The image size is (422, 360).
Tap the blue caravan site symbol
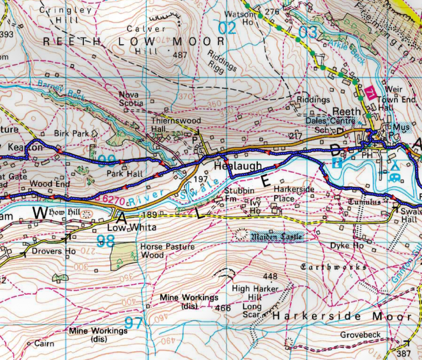[395, 176]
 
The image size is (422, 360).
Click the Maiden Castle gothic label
[275, 237]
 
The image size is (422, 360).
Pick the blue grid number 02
[227, 28]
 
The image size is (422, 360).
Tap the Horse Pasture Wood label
[160, 251]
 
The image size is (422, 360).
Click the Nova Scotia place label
[131, 99]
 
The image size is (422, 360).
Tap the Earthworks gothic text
[333, 267]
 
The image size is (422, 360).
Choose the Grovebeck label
[360, 335]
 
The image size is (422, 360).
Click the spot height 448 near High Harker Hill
[270, 276]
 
